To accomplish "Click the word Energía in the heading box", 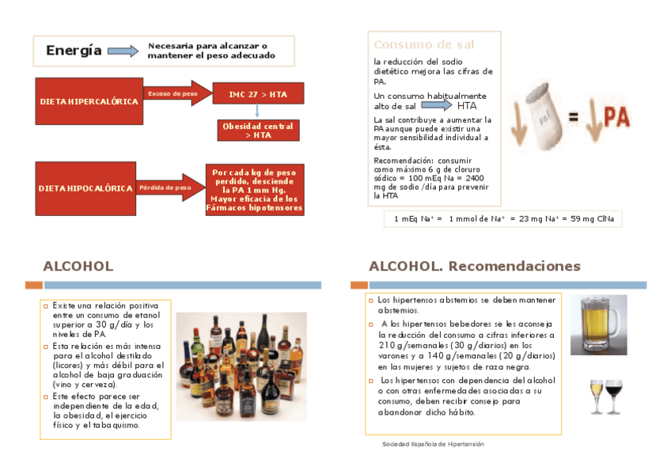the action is coord(74,51).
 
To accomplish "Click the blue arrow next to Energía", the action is coord(123,51).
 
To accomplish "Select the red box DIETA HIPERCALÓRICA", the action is coord(89,101).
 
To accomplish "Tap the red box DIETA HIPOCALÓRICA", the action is coord(85,188).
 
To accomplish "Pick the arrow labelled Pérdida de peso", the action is coord(169,188).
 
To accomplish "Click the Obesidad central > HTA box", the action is coord(258,131).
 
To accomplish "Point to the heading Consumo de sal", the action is coord(423,45).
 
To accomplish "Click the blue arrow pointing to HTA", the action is coord(442,105).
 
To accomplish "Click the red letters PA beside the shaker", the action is coord(616,116).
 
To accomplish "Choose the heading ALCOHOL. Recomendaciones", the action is coord(475,266).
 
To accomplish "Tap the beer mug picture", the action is coord(597,324).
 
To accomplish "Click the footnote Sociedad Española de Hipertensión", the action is coord(433,445).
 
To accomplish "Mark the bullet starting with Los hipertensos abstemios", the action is coord(466,305).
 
